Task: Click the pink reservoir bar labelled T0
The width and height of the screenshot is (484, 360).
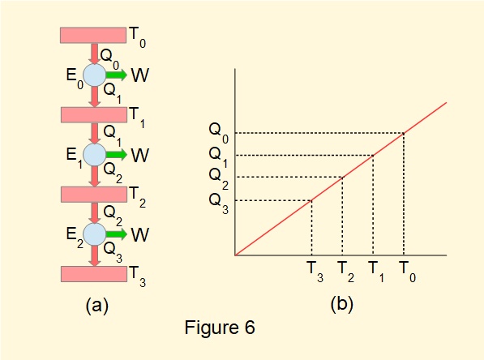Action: pos(93,36)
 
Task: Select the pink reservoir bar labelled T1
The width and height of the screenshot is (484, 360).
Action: pos(93,115)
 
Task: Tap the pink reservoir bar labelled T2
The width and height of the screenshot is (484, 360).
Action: pos(93,195)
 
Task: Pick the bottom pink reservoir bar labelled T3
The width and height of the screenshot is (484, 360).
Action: pos(93,274)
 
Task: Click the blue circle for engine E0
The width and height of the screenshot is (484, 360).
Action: pos(95,75)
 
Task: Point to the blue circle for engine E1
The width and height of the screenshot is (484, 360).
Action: pos(95,154)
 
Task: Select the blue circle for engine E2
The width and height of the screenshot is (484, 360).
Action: pos(95,234)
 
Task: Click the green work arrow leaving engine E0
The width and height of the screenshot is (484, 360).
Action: pos(116,75)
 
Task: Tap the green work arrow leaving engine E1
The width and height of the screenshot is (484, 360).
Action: pos(116,154)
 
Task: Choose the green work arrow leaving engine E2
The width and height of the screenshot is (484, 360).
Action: pos(116,234)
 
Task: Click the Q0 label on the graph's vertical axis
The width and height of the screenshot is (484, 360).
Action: pos(218,131)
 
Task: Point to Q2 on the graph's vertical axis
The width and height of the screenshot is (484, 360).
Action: pos(218,176)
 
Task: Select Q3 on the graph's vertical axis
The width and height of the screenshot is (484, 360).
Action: pos(218,199)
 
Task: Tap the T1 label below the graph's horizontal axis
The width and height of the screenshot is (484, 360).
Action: pos(375,269)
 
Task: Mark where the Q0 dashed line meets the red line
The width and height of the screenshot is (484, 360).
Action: pos(404,133)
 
